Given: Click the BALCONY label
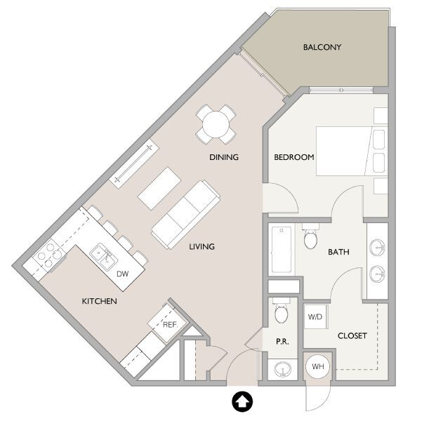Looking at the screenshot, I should (x=322, y=48).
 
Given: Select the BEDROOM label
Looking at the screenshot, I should (x=293, y=157).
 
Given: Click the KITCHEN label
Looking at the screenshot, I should (x=99, y=301).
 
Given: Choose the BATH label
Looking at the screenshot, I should (x=338, y=251).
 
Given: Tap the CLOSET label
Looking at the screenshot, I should (x=352, y=336).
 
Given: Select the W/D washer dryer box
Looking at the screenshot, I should (x=315, y=316).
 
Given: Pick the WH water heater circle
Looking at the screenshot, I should (x=318, y=367).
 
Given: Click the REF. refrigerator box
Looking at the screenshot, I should (x=169, y=324).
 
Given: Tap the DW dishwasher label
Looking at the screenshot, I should (x=122, y=274).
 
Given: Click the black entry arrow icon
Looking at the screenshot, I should (x=241, y=401).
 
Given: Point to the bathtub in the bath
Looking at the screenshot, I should (x=282, y=250).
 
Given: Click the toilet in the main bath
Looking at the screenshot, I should (x=310, y=239).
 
